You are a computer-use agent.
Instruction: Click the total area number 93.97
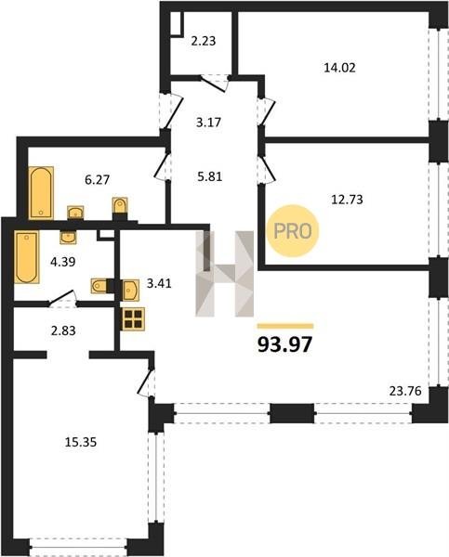point(285,344)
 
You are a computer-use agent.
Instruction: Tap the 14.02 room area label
point(339,68)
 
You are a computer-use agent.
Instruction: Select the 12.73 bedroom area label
point(347,200)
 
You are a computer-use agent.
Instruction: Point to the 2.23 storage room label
point(204,41)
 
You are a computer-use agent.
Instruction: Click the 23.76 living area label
point(405,391)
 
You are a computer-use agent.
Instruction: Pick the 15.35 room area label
point(81,442)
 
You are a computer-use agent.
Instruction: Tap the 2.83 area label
point(63,330)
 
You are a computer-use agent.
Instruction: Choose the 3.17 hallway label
point(208,123)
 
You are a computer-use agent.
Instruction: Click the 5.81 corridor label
point(210,176)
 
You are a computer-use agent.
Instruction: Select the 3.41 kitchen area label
point(159,283)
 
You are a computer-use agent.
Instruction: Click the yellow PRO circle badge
point(293,231)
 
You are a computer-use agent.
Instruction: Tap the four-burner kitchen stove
point(133,319)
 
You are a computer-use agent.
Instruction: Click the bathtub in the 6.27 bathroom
point(41,193)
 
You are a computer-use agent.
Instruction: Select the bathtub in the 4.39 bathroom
point(27,257)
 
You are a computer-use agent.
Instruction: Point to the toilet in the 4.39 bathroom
point(99,286)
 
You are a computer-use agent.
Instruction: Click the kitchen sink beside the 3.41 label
point(130,290)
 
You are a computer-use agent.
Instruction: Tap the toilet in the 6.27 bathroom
point(120,205)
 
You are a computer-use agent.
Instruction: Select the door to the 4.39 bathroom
point(62,298)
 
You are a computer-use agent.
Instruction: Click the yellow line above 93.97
point(285,326)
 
